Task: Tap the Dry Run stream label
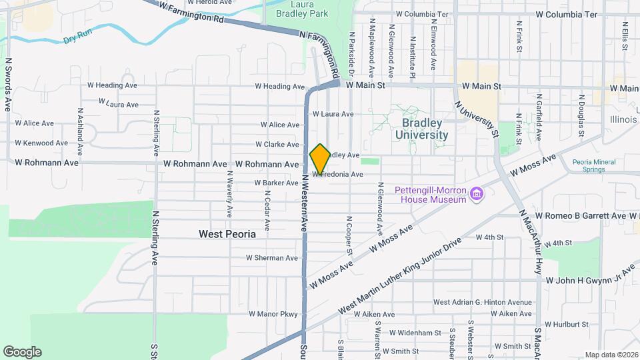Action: point(77,39)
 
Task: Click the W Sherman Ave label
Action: point(272,258)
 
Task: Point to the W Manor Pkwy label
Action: point(273,313)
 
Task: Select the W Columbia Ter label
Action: point(571,14)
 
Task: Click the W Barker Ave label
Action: point(276,183)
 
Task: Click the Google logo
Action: point(22,352)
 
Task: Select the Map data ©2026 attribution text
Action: point(611,355)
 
